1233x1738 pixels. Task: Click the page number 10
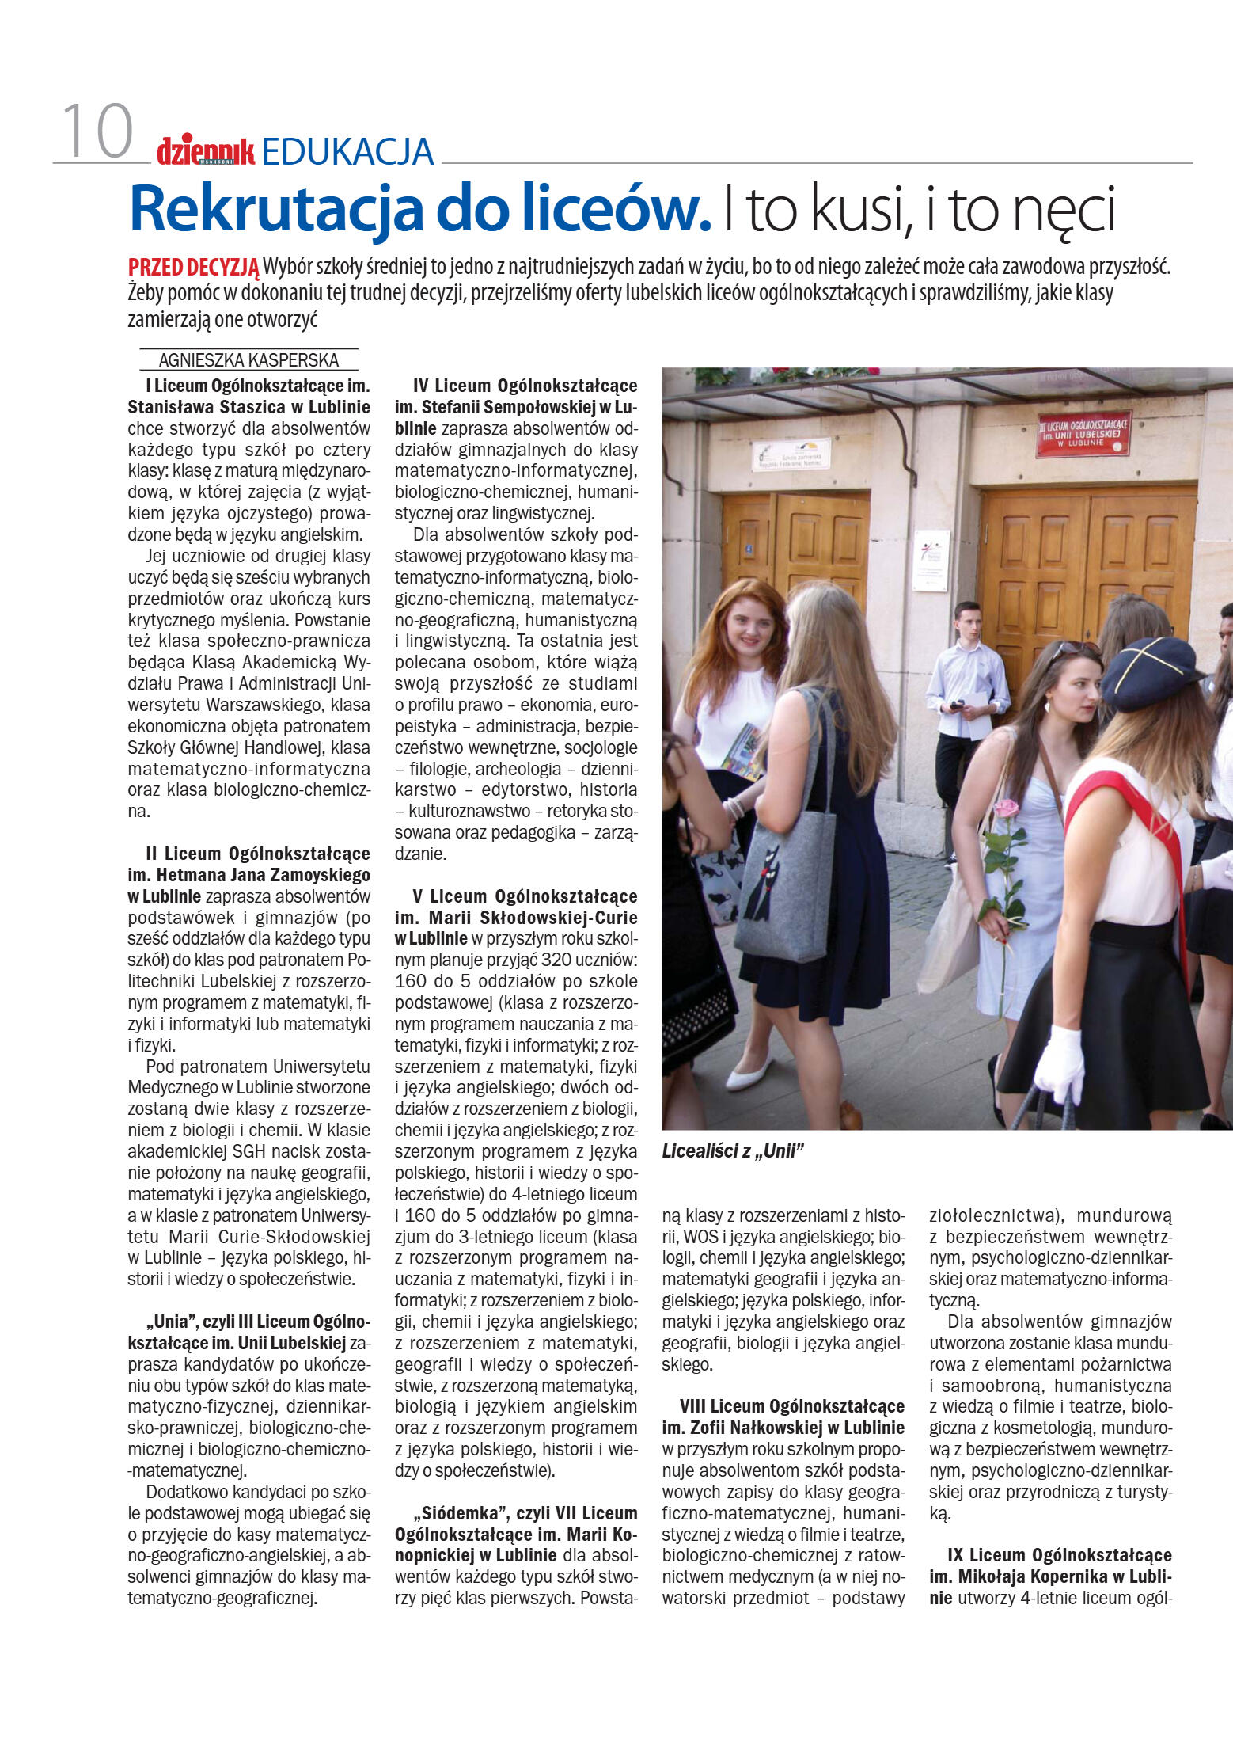[97, 132]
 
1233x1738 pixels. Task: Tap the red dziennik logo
[205, 150]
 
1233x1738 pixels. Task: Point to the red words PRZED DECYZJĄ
[193, 267]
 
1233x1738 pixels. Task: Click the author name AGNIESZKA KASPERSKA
[248, 360]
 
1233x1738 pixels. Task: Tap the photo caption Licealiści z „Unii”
[733, 1151]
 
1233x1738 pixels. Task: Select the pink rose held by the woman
[1005, 808]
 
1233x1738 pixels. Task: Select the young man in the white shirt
[965, 697]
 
